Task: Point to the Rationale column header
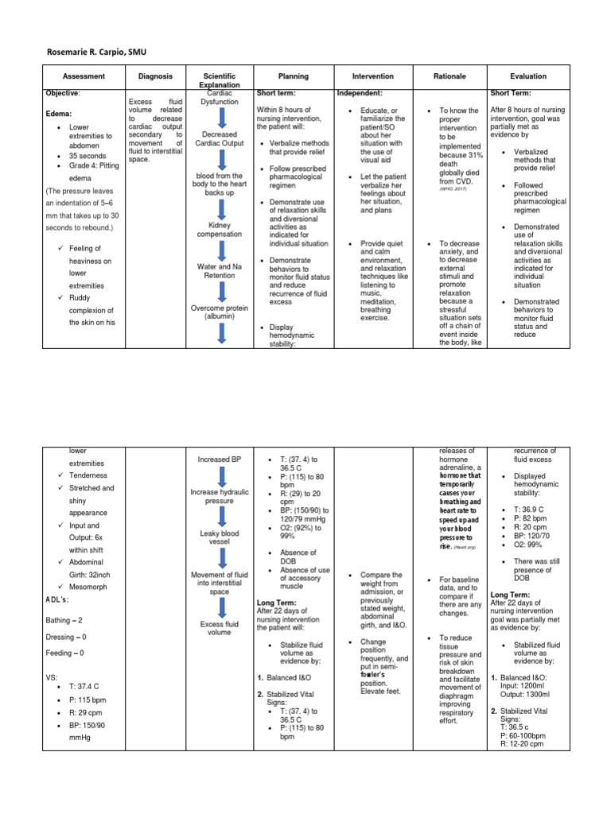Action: click(x=447, y=76)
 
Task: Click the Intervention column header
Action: click(x=372, y=76)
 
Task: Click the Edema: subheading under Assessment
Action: click(x=59, y=114)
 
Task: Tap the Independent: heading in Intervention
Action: click(x=361, y=94)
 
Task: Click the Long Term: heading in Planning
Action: click(x=275, y=603)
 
